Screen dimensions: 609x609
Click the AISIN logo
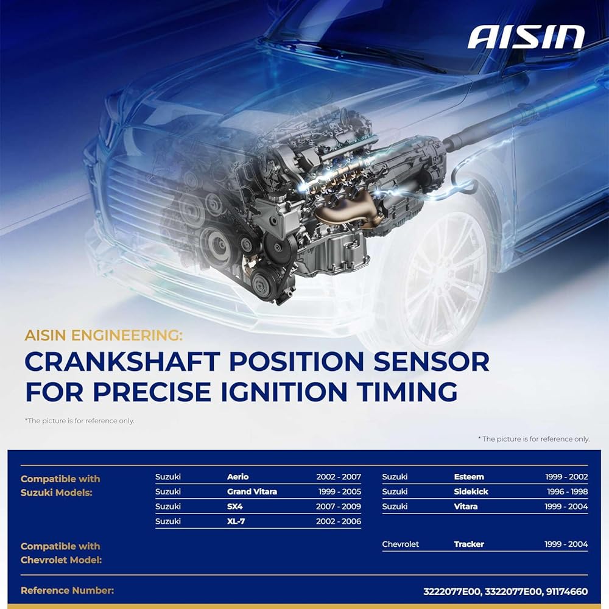click(526, 37)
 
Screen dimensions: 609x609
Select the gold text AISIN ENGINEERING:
click(104, 335)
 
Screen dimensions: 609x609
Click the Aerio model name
click(238, 477)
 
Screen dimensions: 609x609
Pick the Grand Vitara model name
click(252, 491)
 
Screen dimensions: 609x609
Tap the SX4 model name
click(235, 506)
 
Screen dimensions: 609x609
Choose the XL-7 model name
click(236, 521)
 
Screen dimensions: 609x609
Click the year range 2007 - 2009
click(338, 506)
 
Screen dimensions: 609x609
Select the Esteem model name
click(469, 477)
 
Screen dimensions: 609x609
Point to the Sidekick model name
click(471, 491)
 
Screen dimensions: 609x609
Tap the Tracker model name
click(469, 544)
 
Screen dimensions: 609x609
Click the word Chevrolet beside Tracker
click(401, 544)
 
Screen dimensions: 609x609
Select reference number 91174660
click(566, 591)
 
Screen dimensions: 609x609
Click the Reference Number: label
click(67, 590)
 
